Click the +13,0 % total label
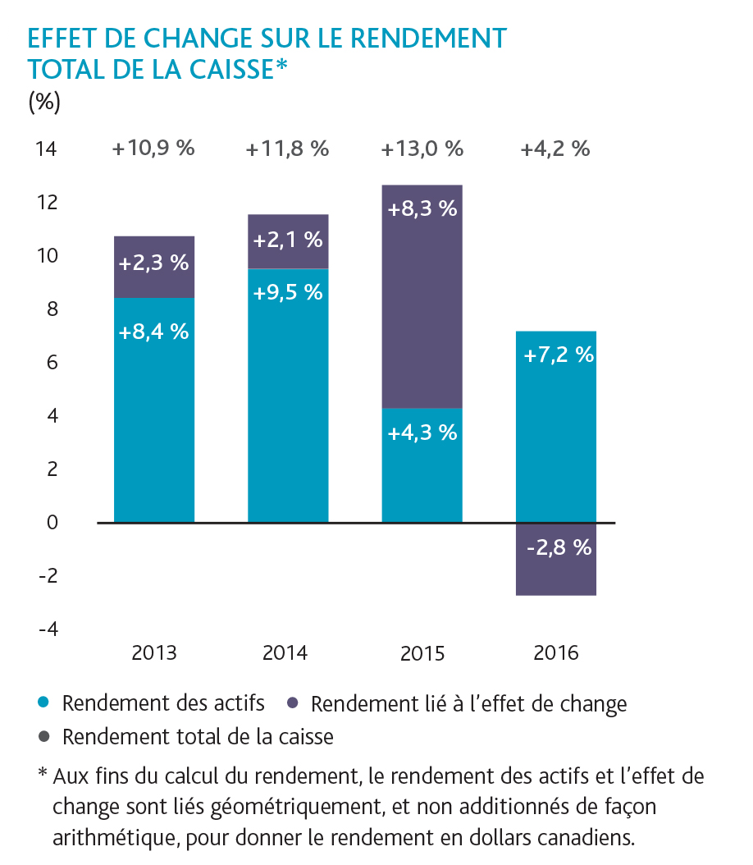click(x=422, y=149)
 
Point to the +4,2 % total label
click(x=555, y=149)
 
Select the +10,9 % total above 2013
click(x=154, y=149)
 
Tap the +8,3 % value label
click(x=422, y=208)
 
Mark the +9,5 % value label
click(x=288, y=291)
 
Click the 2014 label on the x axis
click(x=285, y=653)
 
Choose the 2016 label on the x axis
click(x=556, y=653)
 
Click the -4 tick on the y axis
click(x=47, y=629)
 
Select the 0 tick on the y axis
click(x=50, y=522)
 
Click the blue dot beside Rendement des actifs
click(x=44, y=703)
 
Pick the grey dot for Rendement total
click(x=44, y=736)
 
